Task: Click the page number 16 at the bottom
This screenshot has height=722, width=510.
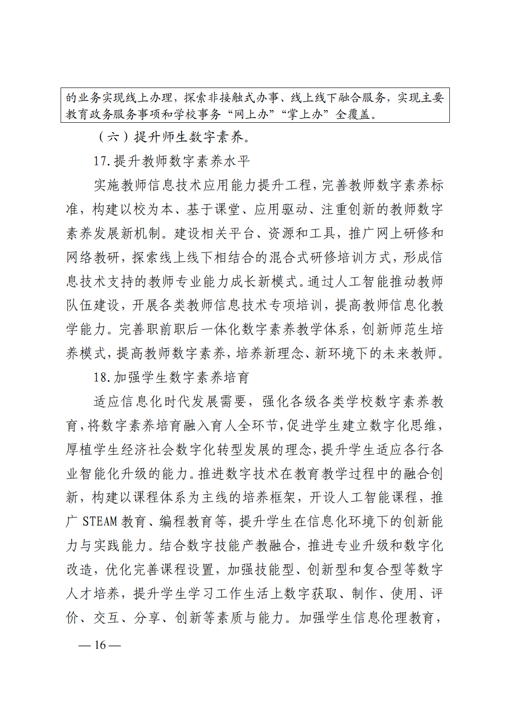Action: pos(100,645)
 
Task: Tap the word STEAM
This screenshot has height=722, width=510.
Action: pos(100,521)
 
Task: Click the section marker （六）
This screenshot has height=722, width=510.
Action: pos(113,137)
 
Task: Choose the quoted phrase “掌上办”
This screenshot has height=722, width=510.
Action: pos(305,114)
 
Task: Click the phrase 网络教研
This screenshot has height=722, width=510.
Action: pos(93,257)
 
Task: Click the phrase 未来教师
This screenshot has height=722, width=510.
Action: pos(410,353)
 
